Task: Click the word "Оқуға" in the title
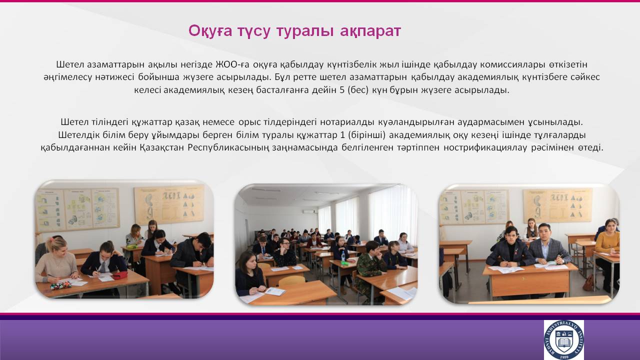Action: point(210,31)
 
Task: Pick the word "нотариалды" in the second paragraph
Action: point(347,122)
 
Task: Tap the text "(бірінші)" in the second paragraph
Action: point(367,135)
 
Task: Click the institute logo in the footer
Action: point(563,339)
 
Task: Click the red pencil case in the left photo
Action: point(119,275)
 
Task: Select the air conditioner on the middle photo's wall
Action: point(310,211)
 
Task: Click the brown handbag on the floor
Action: point(589,283)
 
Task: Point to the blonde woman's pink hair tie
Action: point(53,238)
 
